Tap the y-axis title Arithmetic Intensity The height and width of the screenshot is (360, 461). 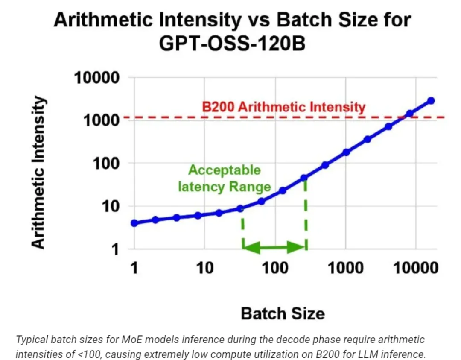click(x=38, y=173)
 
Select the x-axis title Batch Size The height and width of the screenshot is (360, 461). click(x=283, y=313)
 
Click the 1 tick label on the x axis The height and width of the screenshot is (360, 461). click(x=134, y=268)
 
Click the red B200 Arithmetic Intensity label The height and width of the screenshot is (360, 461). click(x=283, y=107)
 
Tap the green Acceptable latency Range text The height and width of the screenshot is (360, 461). click(x=225, y=179)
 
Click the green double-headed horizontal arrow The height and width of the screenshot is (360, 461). click(x=274, y=246)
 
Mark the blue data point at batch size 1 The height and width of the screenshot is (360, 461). click(x=134, y=223)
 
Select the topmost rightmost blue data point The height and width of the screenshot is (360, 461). click(x=431, y=100)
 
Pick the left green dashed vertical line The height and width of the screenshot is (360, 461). click(x=242, y=231)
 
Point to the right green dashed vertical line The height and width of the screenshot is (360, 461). click(x=306, y=214)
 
